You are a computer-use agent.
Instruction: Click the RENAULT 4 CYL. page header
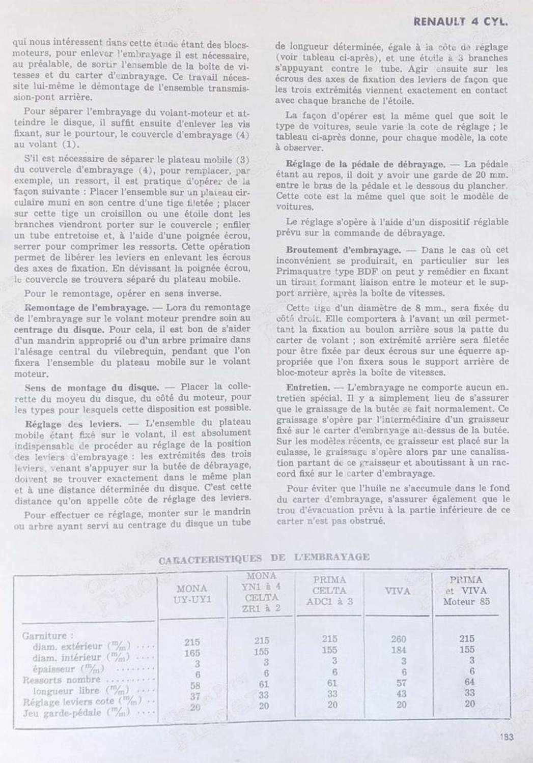pos(461,21)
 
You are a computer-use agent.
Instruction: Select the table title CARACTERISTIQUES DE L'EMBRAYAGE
pos(264,557)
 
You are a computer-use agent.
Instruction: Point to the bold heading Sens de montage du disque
pos(92,387)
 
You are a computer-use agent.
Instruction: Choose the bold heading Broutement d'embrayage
pos(343,250)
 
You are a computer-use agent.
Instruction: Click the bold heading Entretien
pos(307,387)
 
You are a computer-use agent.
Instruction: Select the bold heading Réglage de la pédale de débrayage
pos(365,164)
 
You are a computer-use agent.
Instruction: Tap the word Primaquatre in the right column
pos(302,271)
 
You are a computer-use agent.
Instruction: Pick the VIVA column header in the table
pos(398,591)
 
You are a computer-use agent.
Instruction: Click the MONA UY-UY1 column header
pos(191,594)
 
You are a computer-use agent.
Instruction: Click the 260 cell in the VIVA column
pos(398,639)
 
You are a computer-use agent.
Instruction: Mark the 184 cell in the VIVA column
pos(398,650)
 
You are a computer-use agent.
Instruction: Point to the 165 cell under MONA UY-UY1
pos(192,653)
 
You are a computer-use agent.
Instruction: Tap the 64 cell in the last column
pos(469,682)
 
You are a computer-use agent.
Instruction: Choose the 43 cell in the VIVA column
pos(401,693)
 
